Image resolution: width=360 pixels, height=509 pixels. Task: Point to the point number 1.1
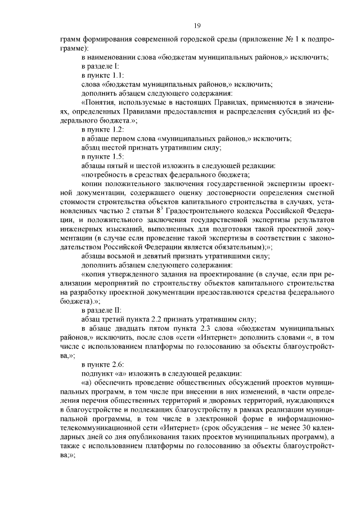click(x=118, y=74)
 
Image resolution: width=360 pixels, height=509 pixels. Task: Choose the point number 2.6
click(x=118, y=365)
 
